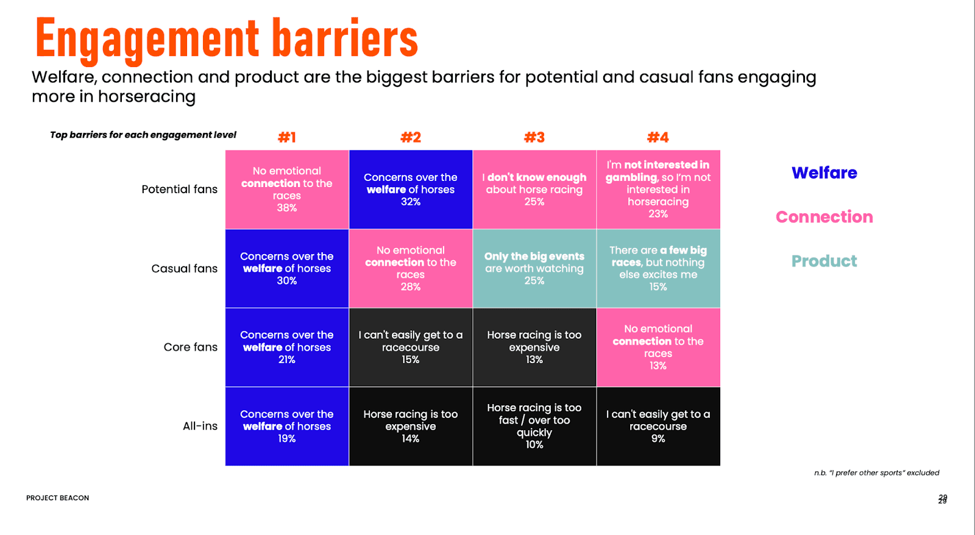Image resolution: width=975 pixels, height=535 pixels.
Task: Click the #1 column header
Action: coord(287,138)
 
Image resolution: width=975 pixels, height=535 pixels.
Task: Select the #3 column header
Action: coord(534,138)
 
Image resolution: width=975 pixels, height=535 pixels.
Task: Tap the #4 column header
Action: coord(658,138)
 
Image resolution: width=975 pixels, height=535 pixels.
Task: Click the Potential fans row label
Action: coord(179,190)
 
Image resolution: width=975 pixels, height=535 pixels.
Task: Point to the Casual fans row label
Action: coord(184,269)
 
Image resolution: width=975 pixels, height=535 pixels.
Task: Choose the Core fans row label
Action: coord(190,347)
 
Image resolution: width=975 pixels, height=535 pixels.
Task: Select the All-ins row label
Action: coord(200,426)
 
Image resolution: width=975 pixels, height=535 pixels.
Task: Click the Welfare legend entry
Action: coord(824,173)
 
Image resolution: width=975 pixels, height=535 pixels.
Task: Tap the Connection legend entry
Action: coord(824,217)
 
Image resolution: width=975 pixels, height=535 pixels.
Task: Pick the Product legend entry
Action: coord(824,261)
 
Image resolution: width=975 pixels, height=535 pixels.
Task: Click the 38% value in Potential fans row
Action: coord(287,208)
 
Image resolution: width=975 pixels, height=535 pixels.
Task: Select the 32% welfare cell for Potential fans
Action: coord(411,190)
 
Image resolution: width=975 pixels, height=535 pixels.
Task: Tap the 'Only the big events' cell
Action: coord(534,269)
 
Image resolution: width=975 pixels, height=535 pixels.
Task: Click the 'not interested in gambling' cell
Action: coord(658,190)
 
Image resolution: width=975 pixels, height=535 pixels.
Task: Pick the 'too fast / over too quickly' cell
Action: coord(534,426)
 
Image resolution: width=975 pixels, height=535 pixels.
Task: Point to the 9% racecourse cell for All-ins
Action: coord(658,426)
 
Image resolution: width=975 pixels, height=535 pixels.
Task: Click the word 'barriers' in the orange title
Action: coord(345,38)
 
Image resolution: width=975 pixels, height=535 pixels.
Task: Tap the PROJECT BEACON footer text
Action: coord(57,498)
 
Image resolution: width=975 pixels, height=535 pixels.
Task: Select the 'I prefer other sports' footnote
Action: coord(877,473)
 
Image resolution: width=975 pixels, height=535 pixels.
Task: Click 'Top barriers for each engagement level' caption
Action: coord(143,135)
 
